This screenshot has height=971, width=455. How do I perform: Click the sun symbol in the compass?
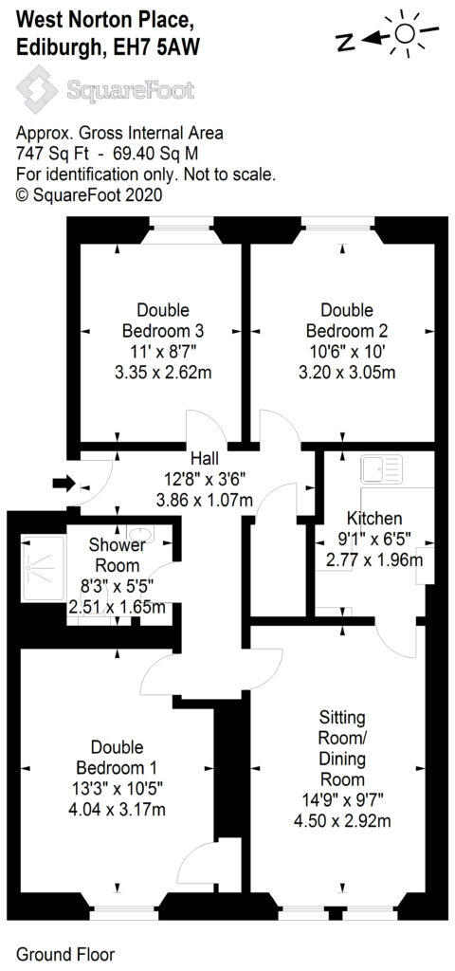coord(407,34)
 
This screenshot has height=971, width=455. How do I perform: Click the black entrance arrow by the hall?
coord(64,484)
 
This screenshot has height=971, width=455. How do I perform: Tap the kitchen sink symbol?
coord(381,467)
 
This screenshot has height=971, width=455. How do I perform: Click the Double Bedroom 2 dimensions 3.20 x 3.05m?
coord(347,372)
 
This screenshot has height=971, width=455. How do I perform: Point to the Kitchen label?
coord(374,519)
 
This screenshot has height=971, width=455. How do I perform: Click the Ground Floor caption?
coord(65,952)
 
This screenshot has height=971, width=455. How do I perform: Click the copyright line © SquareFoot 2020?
coord(90,194)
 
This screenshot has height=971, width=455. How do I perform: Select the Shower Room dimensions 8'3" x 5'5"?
coord(117,585)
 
